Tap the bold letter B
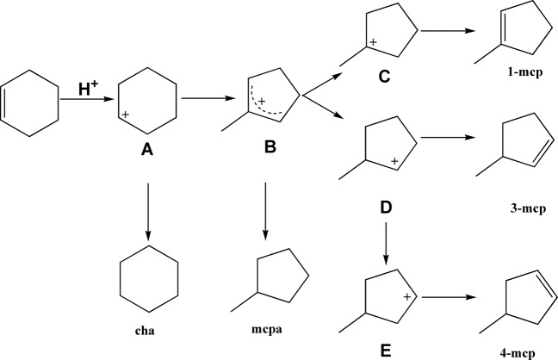point(269,148)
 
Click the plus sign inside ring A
point(126,115)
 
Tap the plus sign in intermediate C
point(373,41)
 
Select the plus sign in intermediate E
point(408,295)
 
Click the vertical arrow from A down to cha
point(147,210)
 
